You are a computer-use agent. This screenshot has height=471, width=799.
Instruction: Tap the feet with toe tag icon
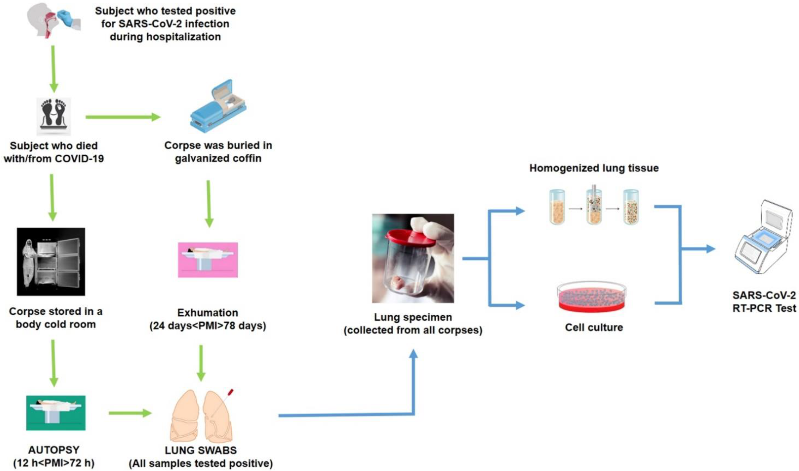pos(53,116)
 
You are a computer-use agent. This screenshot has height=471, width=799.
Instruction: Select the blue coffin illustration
pos(218,107)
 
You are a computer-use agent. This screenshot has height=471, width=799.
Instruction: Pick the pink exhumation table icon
pos(208,260)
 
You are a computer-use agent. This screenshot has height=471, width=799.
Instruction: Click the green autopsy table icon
pos(56,413)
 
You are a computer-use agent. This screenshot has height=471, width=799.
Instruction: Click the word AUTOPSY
pos(54,450)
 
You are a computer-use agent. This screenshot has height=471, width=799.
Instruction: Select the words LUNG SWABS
pos(201,450)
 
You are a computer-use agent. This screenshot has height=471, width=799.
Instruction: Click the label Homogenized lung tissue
pos(594,168)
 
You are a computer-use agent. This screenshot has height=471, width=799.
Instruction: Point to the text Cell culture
pos(594,327)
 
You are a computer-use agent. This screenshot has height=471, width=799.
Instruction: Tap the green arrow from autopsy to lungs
pos(130,413)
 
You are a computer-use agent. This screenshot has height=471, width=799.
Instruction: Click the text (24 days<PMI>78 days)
pos(208,326)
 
